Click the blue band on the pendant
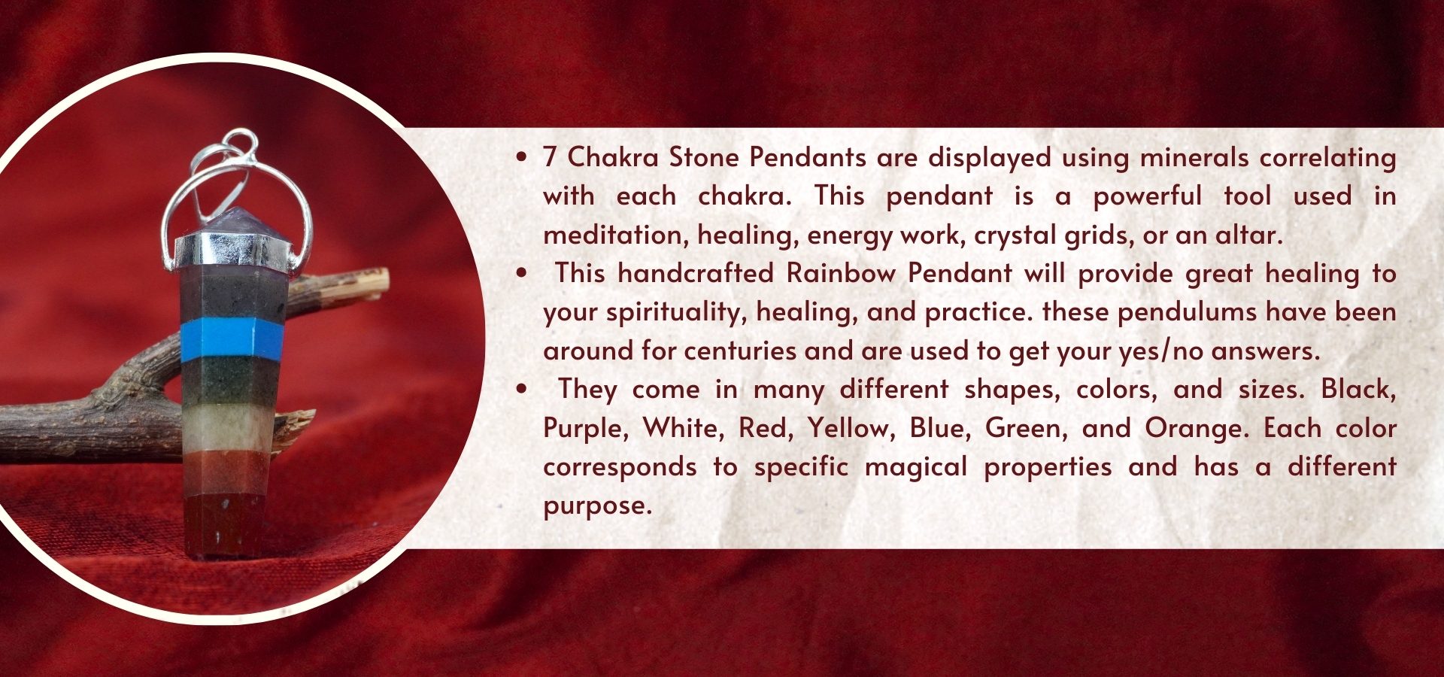coord(232,339)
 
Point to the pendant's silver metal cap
coord(233,250)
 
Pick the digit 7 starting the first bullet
coord(550,157)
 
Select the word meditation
coord(614,235)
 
